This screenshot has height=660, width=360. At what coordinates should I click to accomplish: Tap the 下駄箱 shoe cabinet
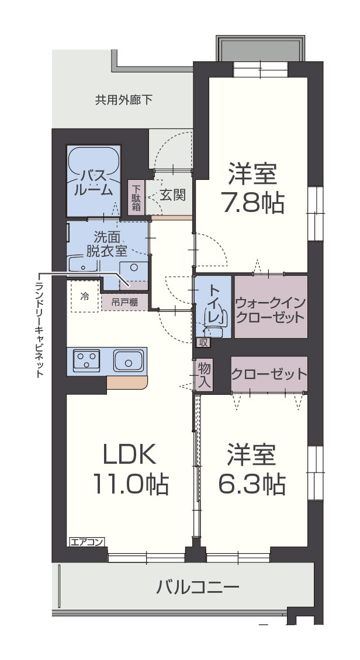coord(136,198)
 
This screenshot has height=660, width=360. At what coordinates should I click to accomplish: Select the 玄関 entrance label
coord(173,194)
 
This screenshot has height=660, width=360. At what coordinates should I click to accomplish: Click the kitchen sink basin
coord(129,361)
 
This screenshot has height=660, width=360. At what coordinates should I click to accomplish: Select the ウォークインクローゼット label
coord(270,310)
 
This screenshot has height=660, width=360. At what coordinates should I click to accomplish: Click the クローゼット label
coord(268,373)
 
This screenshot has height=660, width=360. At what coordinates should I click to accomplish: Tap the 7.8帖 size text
coord(252,202)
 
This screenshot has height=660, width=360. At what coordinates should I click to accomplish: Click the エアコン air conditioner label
coord(86,542)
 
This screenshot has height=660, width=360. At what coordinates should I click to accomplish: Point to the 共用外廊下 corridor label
coord(124,100)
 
